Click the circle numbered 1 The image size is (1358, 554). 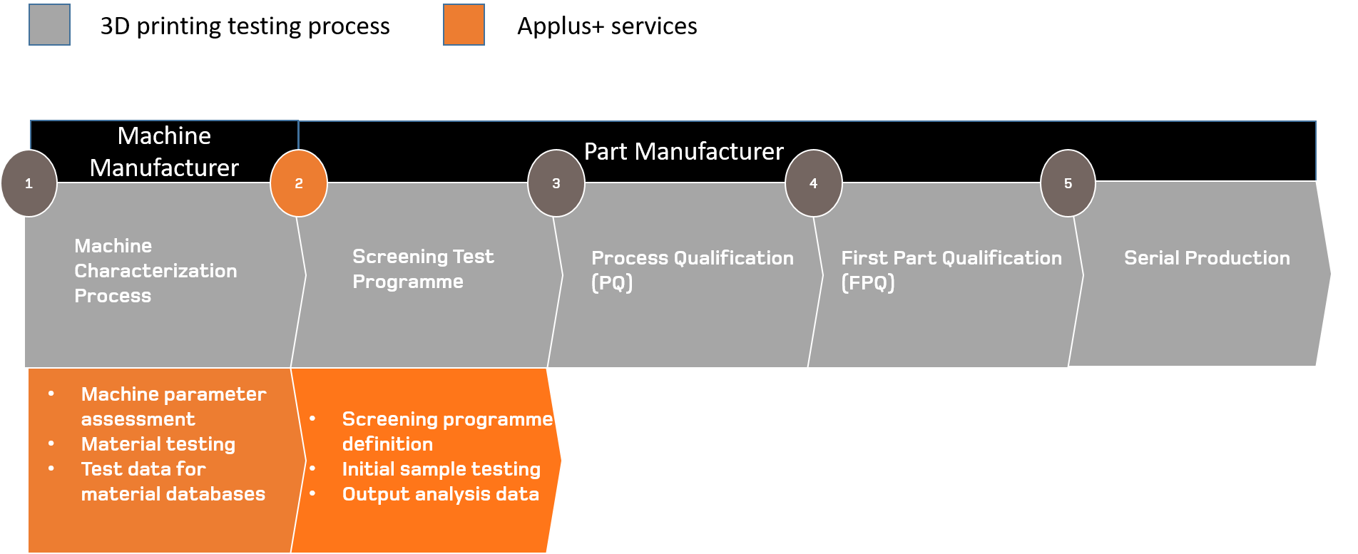pyautogui.click(x=29, y=183)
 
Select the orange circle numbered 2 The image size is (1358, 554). pyautogui.click(x=299, y=183)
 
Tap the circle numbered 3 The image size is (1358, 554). pyautogui.click(x=556, y=183)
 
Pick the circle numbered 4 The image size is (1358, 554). pyautogui.click(x=813, y=183)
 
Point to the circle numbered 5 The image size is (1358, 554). pyautogui.click(x=1068, y=183)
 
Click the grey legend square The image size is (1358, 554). pyautogui.click(x=50, y=25)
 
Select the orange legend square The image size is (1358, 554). pyautogui.click(x=464, y=25)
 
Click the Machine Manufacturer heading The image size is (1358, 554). pyautogui.click(x=164, y=152)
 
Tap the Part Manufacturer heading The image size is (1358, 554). pyautogui.click(x=683, y=151)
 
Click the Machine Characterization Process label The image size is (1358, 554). pyautogui.click(x=155, y=271)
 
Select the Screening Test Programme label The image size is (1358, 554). pyautogui.click(x=423, y=269)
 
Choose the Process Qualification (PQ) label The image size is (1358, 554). pyautogui.click(x=692, y=270)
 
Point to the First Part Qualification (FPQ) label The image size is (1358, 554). pyautogui.click(x=951, y=270)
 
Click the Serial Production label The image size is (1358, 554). pyautogui.click(x=1207, y=258)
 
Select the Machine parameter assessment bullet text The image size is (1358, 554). pyautogui.click(x=173, y=406)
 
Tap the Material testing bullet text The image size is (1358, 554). pyautogui.click(x=158, y=444)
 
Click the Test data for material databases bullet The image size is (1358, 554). pyautogui.click(x=173, y=481)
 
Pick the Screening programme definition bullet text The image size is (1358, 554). pyautogui.click(x=447, y=431)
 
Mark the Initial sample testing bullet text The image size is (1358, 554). pyautogui.click(x=441, y=469)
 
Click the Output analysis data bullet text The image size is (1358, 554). pyautogui.click(x=441, y=494)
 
